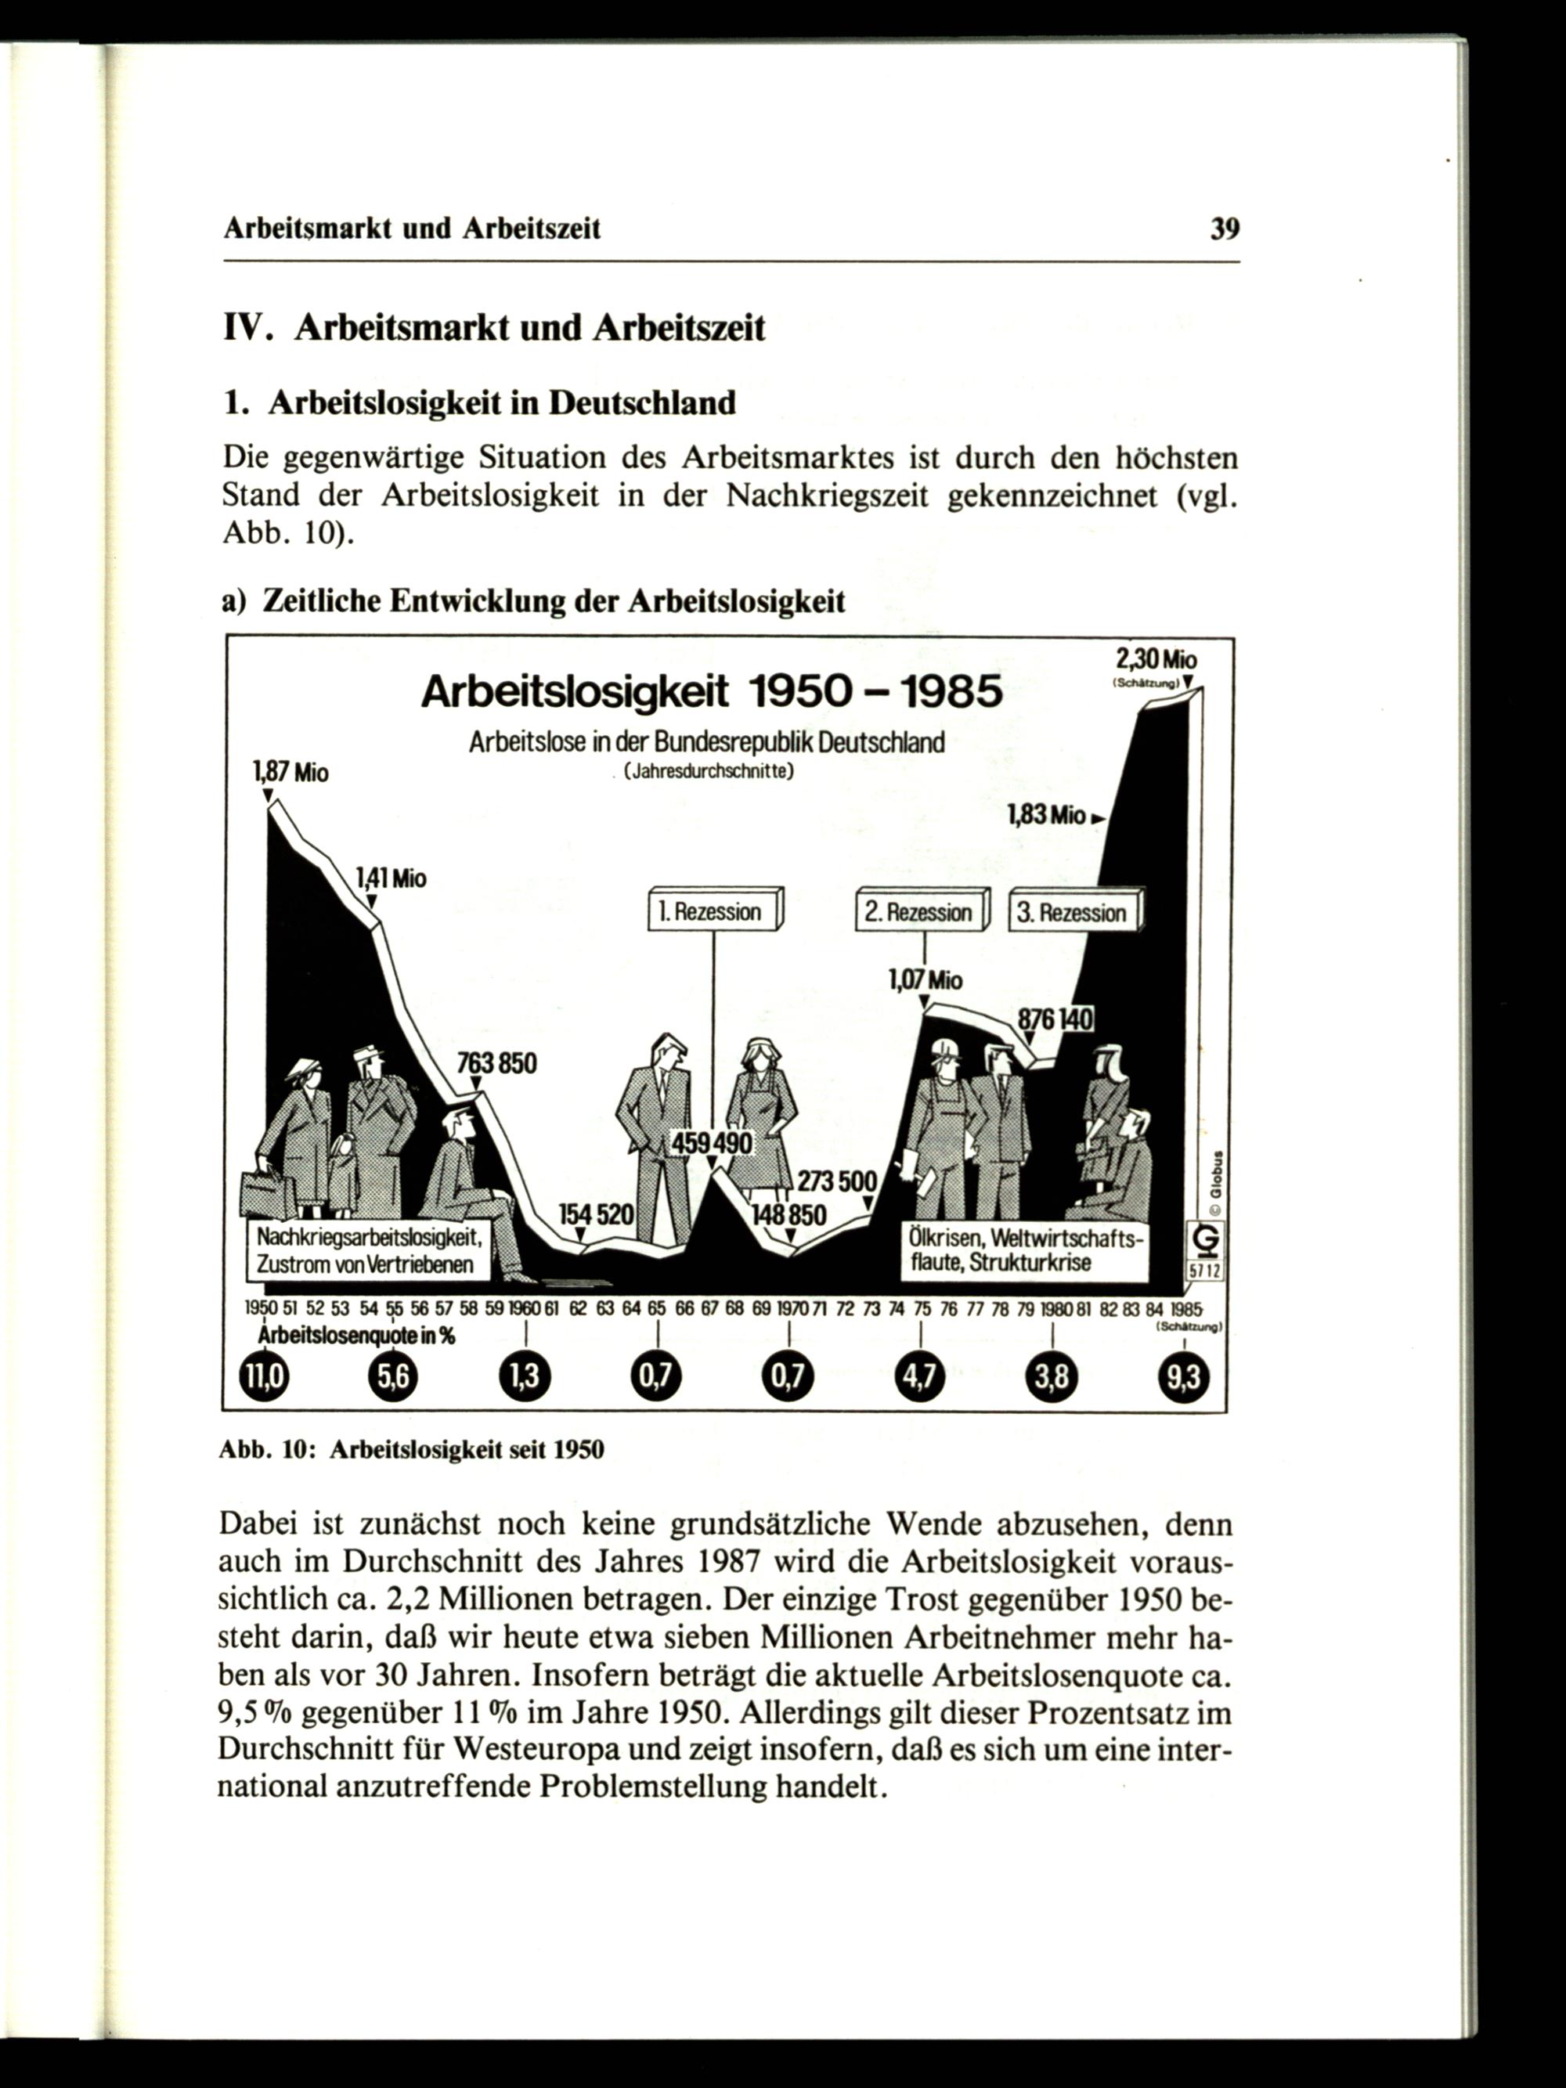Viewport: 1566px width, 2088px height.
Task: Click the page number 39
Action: [1225, 229]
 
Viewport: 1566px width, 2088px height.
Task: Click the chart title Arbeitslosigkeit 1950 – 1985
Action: [711, 693]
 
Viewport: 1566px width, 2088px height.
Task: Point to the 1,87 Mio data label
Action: [290, 772]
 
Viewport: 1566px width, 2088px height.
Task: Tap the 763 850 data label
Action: [496, 1064]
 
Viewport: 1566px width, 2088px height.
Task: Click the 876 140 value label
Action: [1055, 1019]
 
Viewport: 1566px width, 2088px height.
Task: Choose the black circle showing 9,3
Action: [1182, 1378]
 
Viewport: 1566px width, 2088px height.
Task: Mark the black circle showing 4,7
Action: [919, 1378]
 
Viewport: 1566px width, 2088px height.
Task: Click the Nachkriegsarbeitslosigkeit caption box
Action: [368, 1250]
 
